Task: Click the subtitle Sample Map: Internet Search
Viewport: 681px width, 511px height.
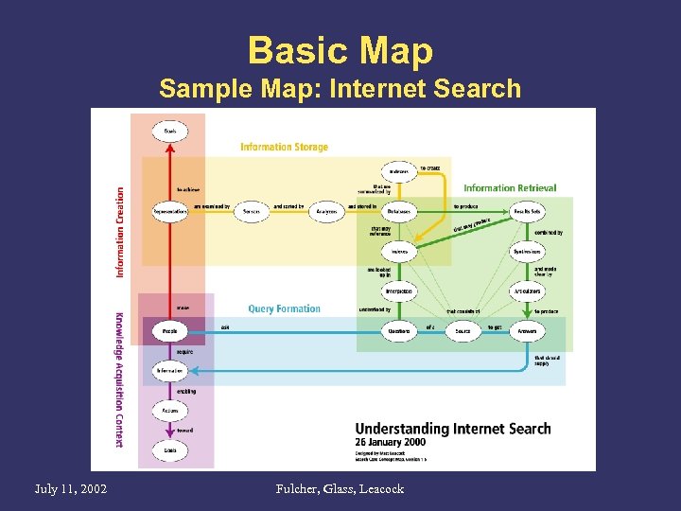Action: [x=340, y=90]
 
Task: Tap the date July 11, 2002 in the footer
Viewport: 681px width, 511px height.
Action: [x=70, y=488]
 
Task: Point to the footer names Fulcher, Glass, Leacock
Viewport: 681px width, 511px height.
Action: [x=340, y=488]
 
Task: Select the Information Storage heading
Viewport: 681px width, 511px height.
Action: [x=284, y=147]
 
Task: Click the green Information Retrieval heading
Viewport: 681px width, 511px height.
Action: [x=510, y=187]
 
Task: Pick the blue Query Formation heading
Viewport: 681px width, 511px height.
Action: [x=284, y=308]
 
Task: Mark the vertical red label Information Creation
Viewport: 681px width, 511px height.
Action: [x=120, y=231]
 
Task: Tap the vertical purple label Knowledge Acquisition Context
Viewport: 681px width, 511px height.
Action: [x=120, y=379]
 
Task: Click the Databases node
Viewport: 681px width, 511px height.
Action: [x=398, y=212]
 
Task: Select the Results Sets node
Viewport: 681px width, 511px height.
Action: [x=527, y=212]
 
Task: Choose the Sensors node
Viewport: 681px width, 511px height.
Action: [x=251, y=212]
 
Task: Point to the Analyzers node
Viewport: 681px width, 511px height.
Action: [x=327, y=212]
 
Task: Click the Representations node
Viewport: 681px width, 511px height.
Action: [x=170, y=212]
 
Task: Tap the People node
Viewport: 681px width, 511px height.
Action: [x=170, y=332]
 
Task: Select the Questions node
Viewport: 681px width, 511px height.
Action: [x=398, y=332]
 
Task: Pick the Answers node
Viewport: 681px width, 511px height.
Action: [x=527, y=332]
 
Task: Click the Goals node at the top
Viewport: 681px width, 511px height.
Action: [x=170, y=130]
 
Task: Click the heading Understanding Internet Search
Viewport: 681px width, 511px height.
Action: [x=452, y=429]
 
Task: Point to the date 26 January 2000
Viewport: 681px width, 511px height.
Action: [x=390, y=442]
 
